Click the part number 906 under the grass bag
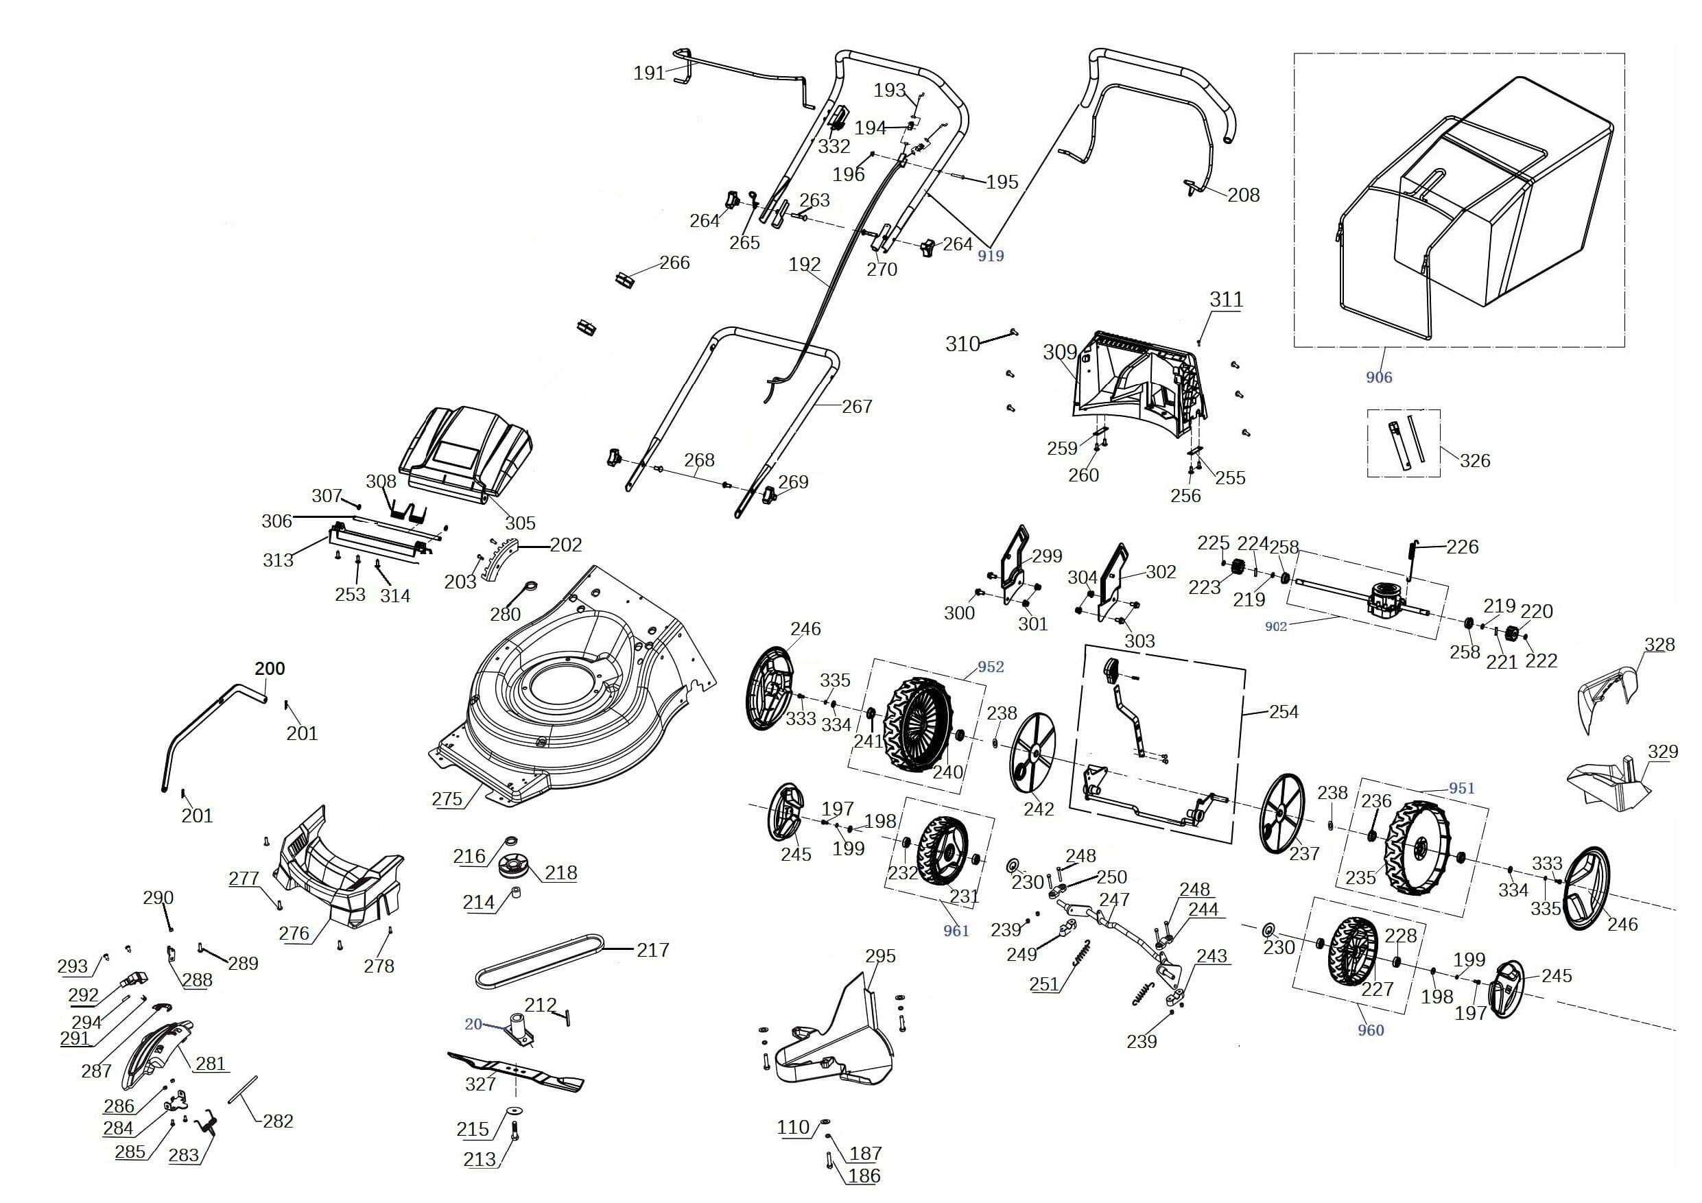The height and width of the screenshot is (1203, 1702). [1379, 377]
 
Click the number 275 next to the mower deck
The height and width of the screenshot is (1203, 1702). [447, 799]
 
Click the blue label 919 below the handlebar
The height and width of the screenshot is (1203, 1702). [991, 256]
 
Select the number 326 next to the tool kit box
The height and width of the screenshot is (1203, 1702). [1474, 460]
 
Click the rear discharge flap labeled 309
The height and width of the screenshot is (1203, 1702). [1134, 385]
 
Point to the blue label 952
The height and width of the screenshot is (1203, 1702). [991, 667]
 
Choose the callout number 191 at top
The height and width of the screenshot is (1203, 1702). [650, 73]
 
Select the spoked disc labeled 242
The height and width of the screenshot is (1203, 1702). [1032, 756]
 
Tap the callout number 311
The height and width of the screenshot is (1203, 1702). [1226, 300]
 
